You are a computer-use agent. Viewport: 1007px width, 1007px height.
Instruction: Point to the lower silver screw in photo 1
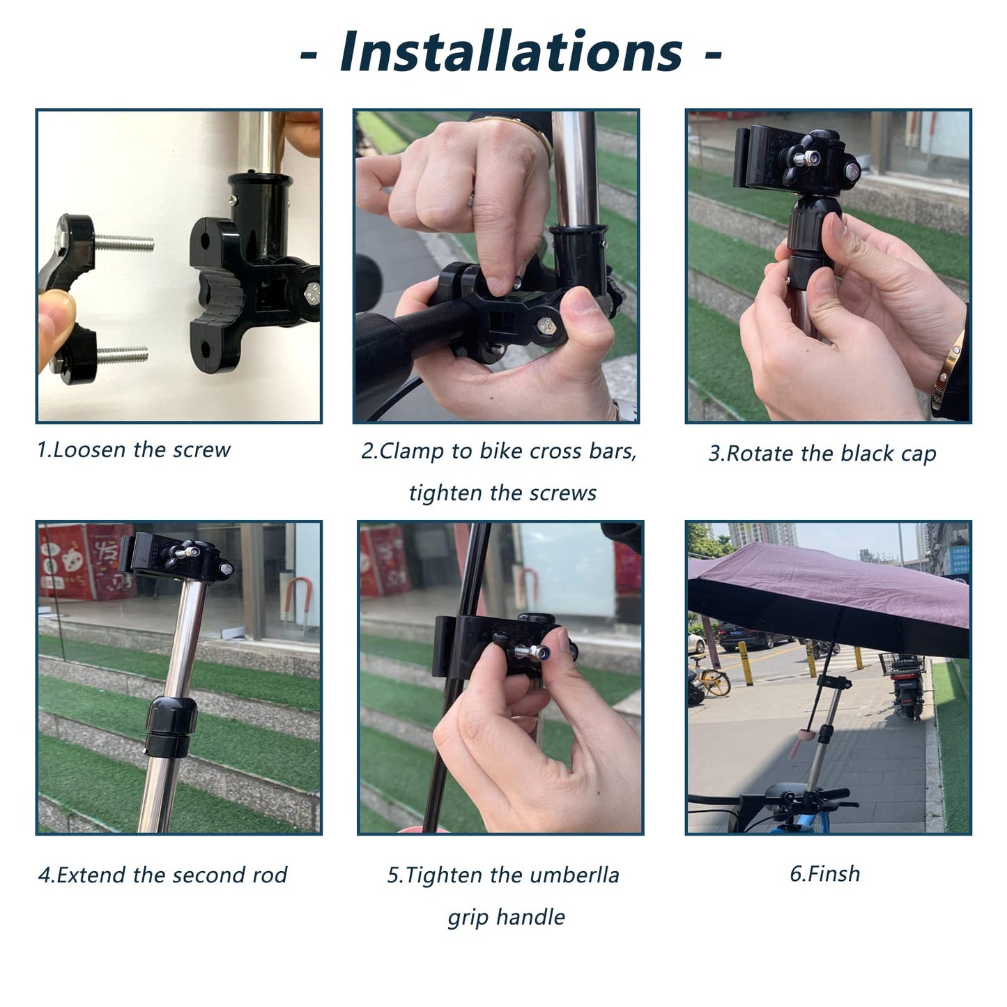[x=121, y=355]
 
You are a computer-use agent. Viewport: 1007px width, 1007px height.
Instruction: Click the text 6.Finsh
[x=824, y=874]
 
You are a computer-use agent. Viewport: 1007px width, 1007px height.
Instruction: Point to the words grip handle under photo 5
[x=506, y=917]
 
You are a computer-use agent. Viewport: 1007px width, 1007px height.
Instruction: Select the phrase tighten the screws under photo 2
[x=502, y=493]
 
